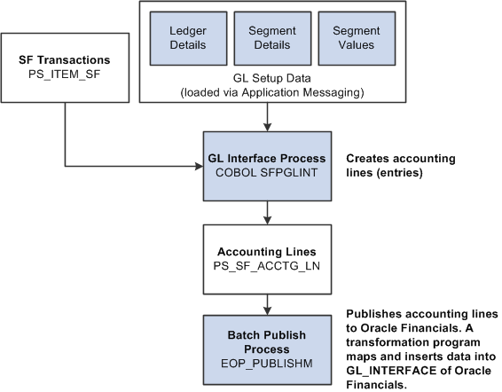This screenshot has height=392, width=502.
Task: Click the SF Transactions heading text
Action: pyautogui.click(x=65, y=59)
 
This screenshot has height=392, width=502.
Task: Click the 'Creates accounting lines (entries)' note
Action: pyautogui.click(x=401, y=164)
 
